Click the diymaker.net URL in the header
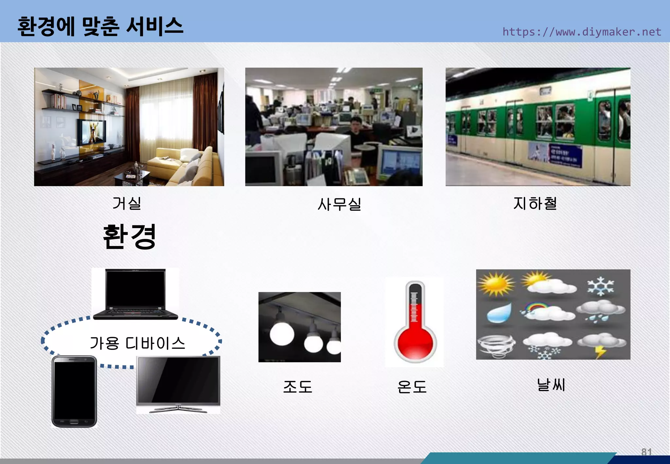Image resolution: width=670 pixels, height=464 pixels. (x=582, y=32)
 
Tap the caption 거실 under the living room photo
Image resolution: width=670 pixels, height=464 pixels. (x=127, y=203)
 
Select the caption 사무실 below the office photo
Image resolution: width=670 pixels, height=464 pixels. (x=339, y=204)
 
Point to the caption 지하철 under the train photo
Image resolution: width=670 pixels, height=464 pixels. (x=535, y=203)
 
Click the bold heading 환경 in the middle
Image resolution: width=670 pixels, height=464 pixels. (x=130, y=237)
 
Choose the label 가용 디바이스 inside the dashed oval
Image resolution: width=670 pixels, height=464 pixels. (x=137, y=343)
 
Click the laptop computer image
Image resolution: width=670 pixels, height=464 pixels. (x=135, y=294)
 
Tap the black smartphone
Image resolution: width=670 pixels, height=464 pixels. (x=74, y=392)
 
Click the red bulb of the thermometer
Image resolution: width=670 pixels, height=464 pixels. (x=415, y=344)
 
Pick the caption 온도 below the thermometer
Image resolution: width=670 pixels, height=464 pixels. (x=412, y=387)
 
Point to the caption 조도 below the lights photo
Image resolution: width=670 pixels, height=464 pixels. (x=298, y=387)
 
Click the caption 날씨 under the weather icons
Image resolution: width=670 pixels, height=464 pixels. (x=551, y=385)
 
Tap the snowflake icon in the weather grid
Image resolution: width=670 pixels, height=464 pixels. (x=601, y=286)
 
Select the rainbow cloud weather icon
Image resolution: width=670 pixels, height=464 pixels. (x=547, y=311)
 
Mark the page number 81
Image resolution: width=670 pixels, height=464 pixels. (x=646, y=452)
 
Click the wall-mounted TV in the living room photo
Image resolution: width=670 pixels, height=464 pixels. (x=91, y=132)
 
